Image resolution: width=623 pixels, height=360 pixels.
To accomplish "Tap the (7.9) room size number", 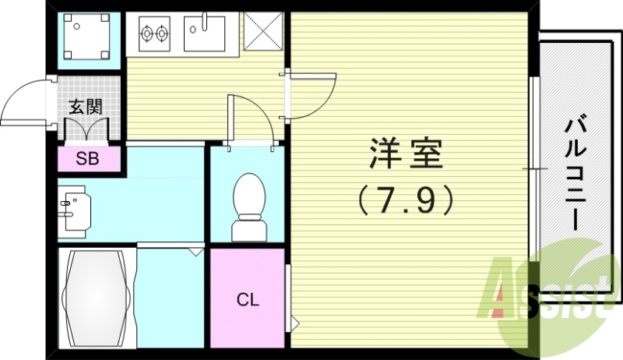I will click(405, 202).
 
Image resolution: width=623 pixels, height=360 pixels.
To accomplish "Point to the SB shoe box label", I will click(87, 159).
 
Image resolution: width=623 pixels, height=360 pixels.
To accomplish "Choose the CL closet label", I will click(248, 300).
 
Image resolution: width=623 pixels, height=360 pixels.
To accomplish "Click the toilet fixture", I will click(250, 204).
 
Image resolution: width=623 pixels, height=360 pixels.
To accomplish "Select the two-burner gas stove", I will click(154, 34).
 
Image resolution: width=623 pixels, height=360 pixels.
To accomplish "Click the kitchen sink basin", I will click(205, 34).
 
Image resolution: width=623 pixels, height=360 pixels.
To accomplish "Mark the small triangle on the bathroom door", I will click(194, 252).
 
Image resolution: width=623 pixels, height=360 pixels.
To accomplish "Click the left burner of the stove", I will click(146, 34).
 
